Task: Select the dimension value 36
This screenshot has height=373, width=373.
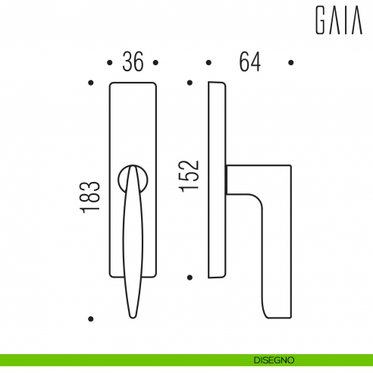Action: (x=133, y=62)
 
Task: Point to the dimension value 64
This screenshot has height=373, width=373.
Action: (x=249, y=62)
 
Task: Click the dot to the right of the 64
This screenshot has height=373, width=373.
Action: (x=290, y=62)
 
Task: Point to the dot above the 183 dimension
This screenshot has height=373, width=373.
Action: (x=90, y=81)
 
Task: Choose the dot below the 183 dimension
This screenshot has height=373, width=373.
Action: (x=90, y=318)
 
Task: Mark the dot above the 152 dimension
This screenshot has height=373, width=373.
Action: (x=190, y=81)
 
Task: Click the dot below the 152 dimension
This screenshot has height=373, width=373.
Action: (x=190, y=277)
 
